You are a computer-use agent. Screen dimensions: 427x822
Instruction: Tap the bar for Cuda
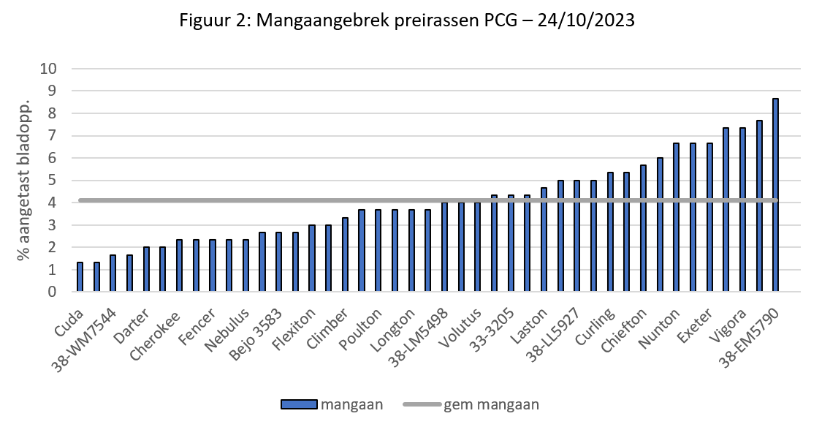tap(80, 277)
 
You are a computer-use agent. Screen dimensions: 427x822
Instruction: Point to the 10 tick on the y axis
tap(48, 69)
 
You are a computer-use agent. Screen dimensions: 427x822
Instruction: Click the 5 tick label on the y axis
tap(52, 181)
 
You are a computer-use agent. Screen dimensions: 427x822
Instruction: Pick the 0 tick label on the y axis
tap(52, 292)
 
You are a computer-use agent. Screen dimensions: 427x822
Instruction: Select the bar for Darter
tap(145, 269)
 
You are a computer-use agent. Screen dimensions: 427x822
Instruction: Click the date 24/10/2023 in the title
tap(586, 21)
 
